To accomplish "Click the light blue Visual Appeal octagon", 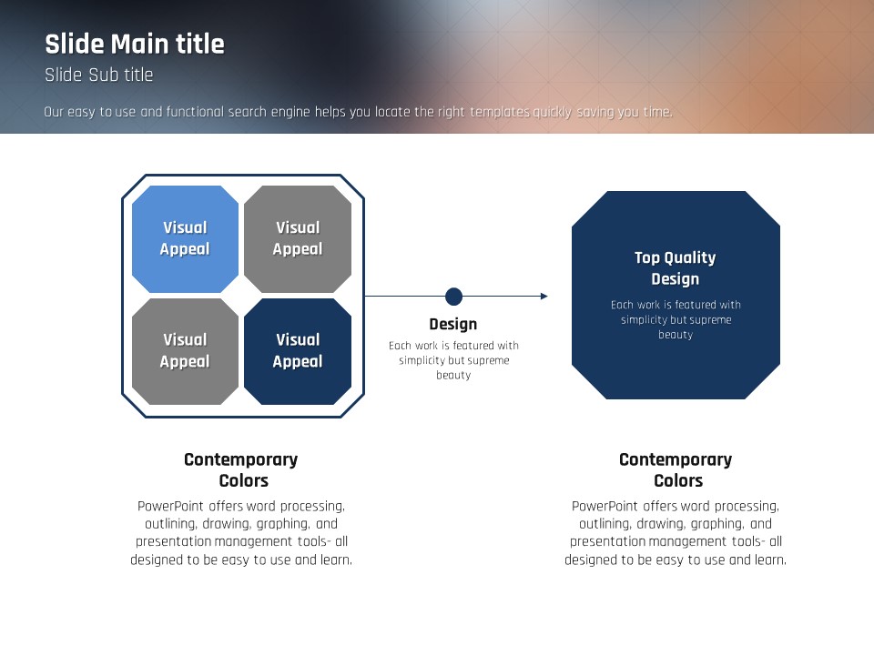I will click(x=185, y=238).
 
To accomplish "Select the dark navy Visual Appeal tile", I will click(x=298, y=351).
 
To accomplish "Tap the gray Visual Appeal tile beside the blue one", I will click(x=298, y=238).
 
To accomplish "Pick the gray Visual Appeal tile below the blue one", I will click(x=185, y=351).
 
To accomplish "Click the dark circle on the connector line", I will click(x=453, y=297).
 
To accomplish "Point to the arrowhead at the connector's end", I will click(x=544, y=297).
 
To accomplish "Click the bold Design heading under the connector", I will click(x=452, y=324).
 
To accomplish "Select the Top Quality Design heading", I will click(x=675, y=268).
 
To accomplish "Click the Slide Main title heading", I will click(x=135, y=44).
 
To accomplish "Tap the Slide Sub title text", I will click(x=99, y=76).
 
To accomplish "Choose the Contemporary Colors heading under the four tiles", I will click(x=241, y=469).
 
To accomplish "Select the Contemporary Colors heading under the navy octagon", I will click(x=676, y=469).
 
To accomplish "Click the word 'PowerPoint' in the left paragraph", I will click(x=169, y=507).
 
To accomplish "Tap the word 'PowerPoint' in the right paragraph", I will click(x=604, y=507).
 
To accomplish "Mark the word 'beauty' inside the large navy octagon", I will click(x=676, y=335).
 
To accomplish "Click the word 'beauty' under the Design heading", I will click(x=453, y=375).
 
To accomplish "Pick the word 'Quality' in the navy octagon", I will click(x=688, y=257).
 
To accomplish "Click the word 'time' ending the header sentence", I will click(x=657, y=113).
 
